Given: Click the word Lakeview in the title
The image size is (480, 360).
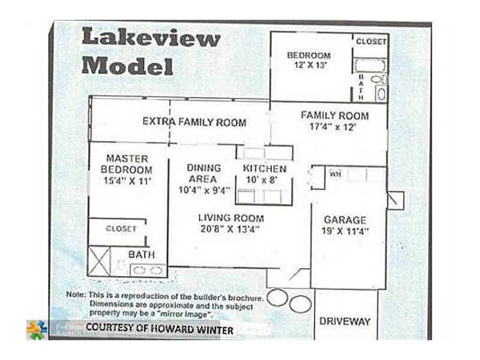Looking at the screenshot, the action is [x=151, y=37].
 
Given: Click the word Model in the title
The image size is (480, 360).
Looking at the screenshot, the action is [x=128, y=65].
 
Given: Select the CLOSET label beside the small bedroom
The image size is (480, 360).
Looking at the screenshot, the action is [x=371, y=41].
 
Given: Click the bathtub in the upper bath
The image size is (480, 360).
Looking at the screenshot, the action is [x=370, y=65].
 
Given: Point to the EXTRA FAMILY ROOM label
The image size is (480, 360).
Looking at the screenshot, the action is [x=194, y=122].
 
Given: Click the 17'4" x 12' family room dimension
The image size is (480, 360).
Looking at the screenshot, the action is [x=333, y=127].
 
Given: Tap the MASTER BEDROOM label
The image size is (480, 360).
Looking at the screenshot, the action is [x=127, y=164].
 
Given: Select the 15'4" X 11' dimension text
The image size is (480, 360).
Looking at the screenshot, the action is [x=127, y=181].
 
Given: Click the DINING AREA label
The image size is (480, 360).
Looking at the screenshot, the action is [x=203, y=173].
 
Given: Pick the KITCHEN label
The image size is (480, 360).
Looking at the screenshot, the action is [x=265, y=169].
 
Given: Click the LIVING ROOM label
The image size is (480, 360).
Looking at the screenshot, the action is [x=231, y=218].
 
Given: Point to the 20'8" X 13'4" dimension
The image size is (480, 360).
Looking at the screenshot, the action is [x=230, y=229].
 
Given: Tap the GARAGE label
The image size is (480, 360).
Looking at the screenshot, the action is [x=345, y=220].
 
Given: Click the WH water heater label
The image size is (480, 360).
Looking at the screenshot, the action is [x=335, y=174].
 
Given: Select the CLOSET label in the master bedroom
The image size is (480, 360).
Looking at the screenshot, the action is [x=121, y=229].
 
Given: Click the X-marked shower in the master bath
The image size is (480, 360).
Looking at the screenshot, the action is [x=99, y=261].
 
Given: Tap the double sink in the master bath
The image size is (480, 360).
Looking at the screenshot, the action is [x=148, y=271].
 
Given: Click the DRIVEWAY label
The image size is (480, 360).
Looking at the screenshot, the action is [x=345, y=322].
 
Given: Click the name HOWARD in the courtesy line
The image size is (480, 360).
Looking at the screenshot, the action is [x=172, y=329].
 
